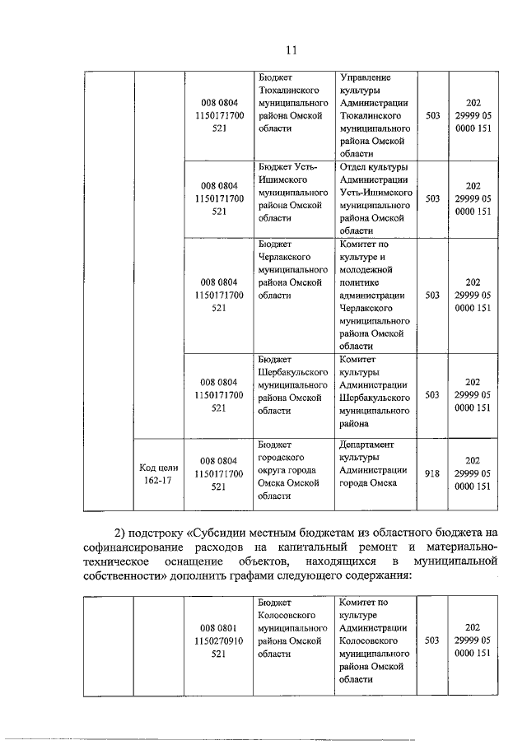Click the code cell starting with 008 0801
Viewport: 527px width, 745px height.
(218, 640)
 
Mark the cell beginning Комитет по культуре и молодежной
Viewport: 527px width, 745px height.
(375, 296)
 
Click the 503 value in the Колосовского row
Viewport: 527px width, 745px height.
(433, 640)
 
